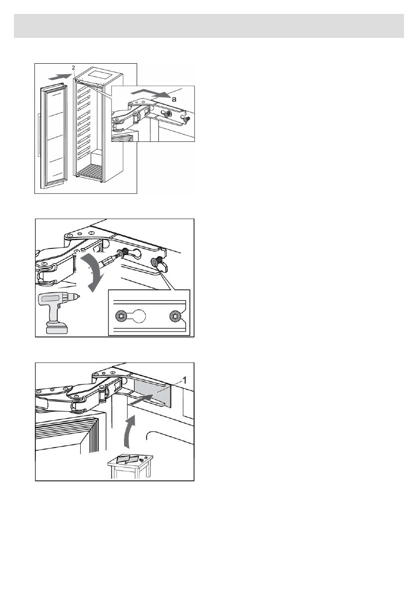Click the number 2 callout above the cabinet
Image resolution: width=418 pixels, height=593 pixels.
pos(73,67)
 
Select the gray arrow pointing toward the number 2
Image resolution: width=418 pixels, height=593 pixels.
pos(58,76)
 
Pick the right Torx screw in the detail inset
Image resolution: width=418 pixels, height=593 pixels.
pos(174,316)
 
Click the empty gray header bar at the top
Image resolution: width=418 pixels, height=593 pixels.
pos(209,26)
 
